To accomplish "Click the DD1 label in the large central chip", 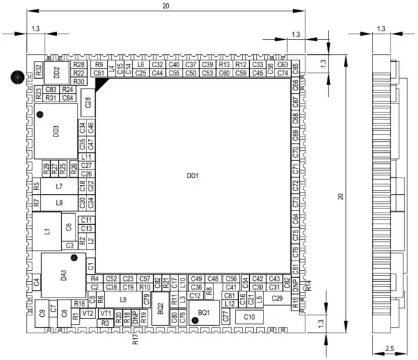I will coord(192,176).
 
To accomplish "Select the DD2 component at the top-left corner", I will coord(56,71).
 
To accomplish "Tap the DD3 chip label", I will coord(56,131).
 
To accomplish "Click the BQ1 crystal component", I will coord(203,312).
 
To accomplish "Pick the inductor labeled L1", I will coord(47,231).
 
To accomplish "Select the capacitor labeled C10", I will coord(249,317).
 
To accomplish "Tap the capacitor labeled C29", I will coord(277,298).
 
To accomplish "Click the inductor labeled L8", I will coord(124,299).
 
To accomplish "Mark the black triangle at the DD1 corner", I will coord(102,83).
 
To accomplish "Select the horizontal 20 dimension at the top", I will coord(165,6).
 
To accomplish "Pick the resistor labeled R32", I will coord(38,70).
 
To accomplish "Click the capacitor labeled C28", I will coord(88,102).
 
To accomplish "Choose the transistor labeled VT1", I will coord(105,313).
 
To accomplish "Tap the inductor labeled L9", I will coord(60,202).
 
